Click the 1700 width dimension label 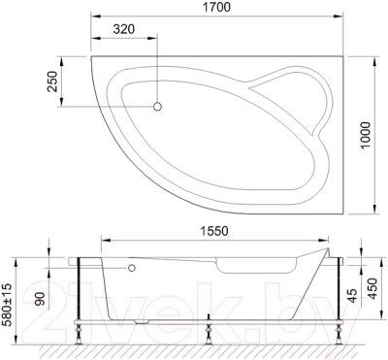click(216, 7)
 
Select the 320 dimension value click(124, 29)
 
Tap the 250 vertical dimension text click(52, 82)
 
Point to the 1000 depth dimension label click(365, 135)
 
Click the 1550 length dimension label click(213, 231)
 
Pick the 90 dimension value click(40, 300)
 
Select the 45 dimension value click(353, 296)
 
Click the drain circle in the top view click(157, 107)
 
